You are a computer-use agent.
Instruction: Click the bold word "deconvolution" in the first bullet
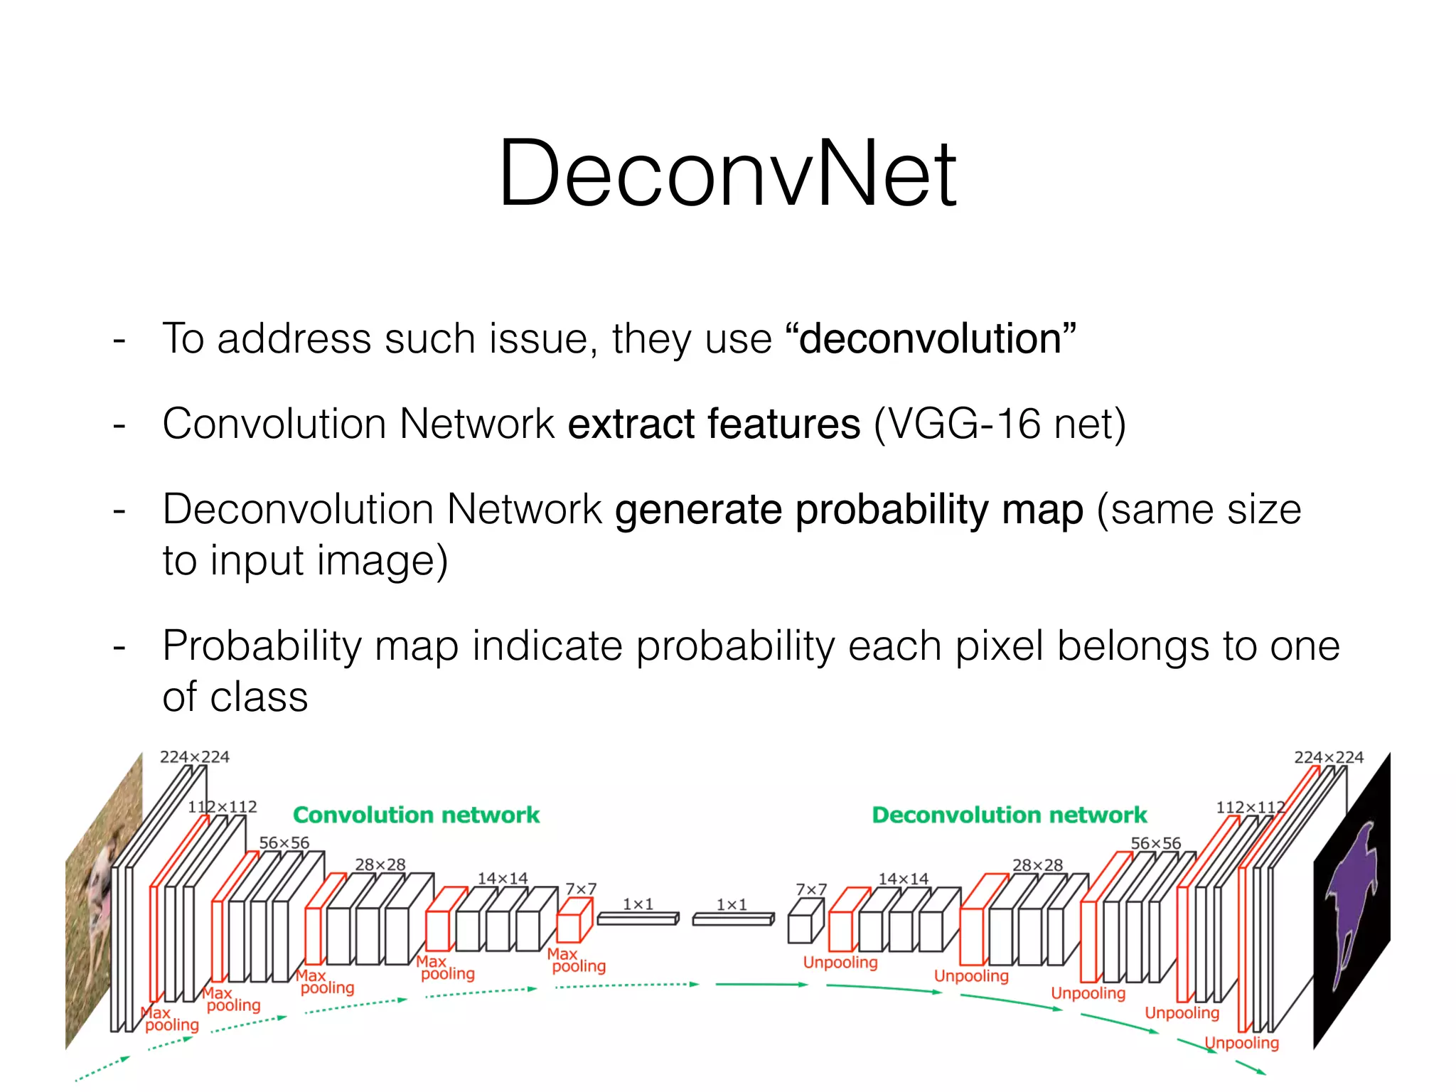click(x=930, y=338)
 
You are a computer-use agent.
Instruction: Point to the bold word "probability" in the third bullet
click(x=892, y=510)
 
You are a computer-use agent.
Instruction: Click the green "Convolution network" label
click(x=416, y=815)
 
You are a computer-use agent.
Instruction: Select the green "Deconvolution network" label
click(x=1009, y=815)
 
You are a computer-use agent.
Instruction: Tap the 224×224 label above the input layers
click(x=194, y=756)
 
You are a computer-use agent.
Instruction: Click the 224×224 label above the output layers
click(x=1328, y=757)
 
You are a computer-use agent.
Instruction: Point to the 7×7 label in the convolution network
click(x=580, y=889)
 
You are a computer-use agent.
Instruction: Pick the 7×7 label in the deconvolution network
click(x=810, y=889)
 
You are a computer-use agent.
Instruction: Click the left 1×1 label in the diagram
click(x=638, y=904)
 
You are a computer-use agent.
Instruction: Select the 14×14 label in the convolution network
click(x=502, y=878)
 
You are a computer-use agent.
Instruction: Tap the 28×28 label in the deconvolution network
click(x=1037, y=865)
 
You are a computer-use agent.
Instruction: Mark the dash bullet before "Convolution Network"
click(x=119, y=425)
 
